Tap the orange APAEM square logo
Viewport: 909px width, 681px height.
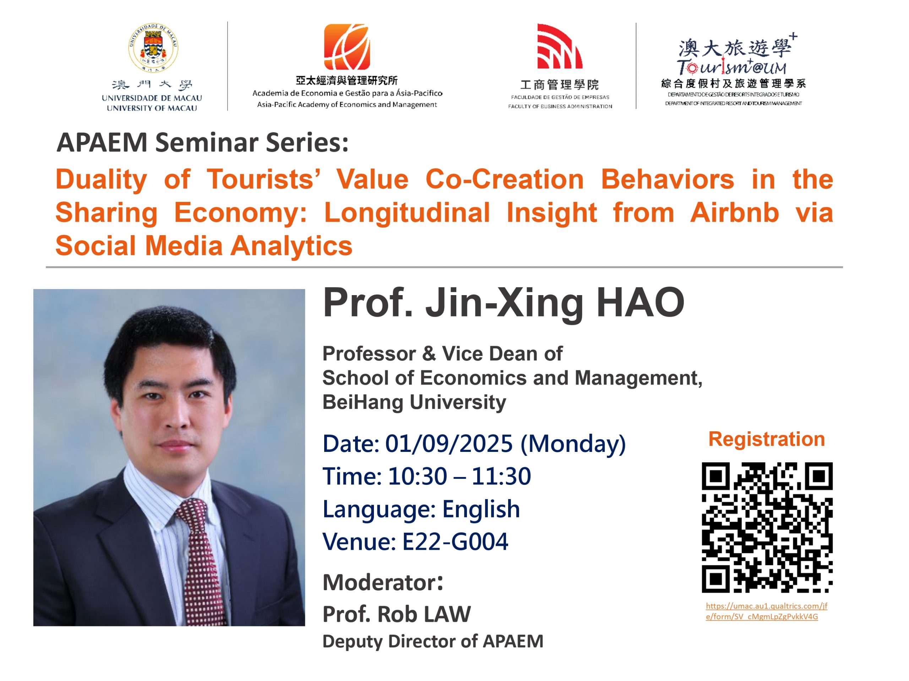347,47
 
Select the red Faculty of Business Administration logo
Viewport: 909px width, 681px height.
559,46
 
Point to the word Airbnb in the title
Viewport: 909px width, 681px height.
735,212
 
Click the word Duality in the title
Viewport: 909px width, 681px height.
101,180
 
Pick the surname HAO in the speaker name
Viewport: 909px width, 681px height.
640,303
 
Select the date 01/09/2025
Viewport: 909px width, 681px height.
449,444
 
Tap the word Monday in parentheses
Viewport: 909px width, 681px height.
573,444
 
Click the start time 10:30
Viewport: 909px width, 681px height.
417,476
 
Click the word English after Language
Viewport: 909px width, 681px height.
481,509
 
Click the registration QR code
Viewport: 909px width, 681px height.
767,527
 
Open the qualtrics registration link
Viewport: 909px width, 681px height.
766,611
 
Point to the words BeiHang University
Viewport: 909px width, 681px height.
414,402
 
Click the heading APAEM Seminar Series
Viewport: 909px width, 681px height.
203,143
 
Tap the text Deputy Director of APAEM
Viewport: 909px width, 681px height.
433,642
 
